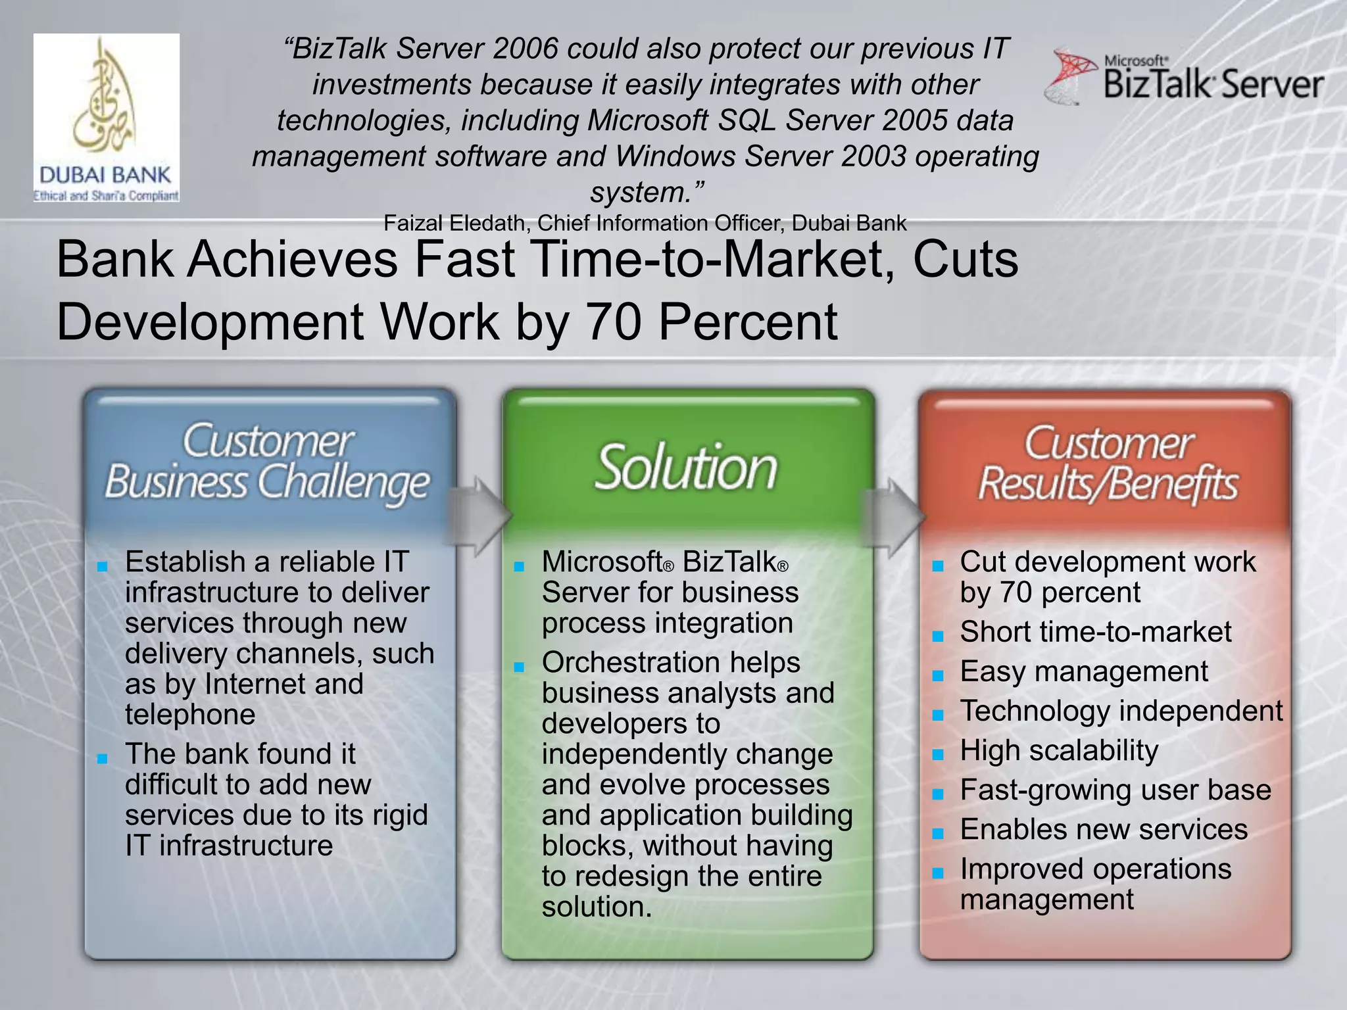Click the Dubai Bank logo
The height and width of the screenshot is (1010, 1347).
[107, 118]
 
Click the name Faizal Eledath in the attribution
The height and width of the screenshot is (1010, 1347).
[454, 224]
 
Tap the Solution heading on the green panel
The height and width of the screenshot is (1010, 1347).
[686, 468]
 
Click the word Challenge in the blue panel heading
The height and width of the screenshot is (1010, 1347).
[343, 483]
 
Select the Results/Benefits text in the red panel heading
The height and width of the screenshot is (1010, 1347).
[1108, 485]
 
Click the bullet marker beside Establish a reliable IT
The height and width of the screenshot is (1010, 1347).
[102, 566]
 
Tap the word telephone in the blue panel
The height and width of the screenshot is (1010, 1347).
[190, 714]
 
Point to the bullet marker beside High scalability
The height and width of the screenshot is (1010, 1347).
[938, 754]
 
